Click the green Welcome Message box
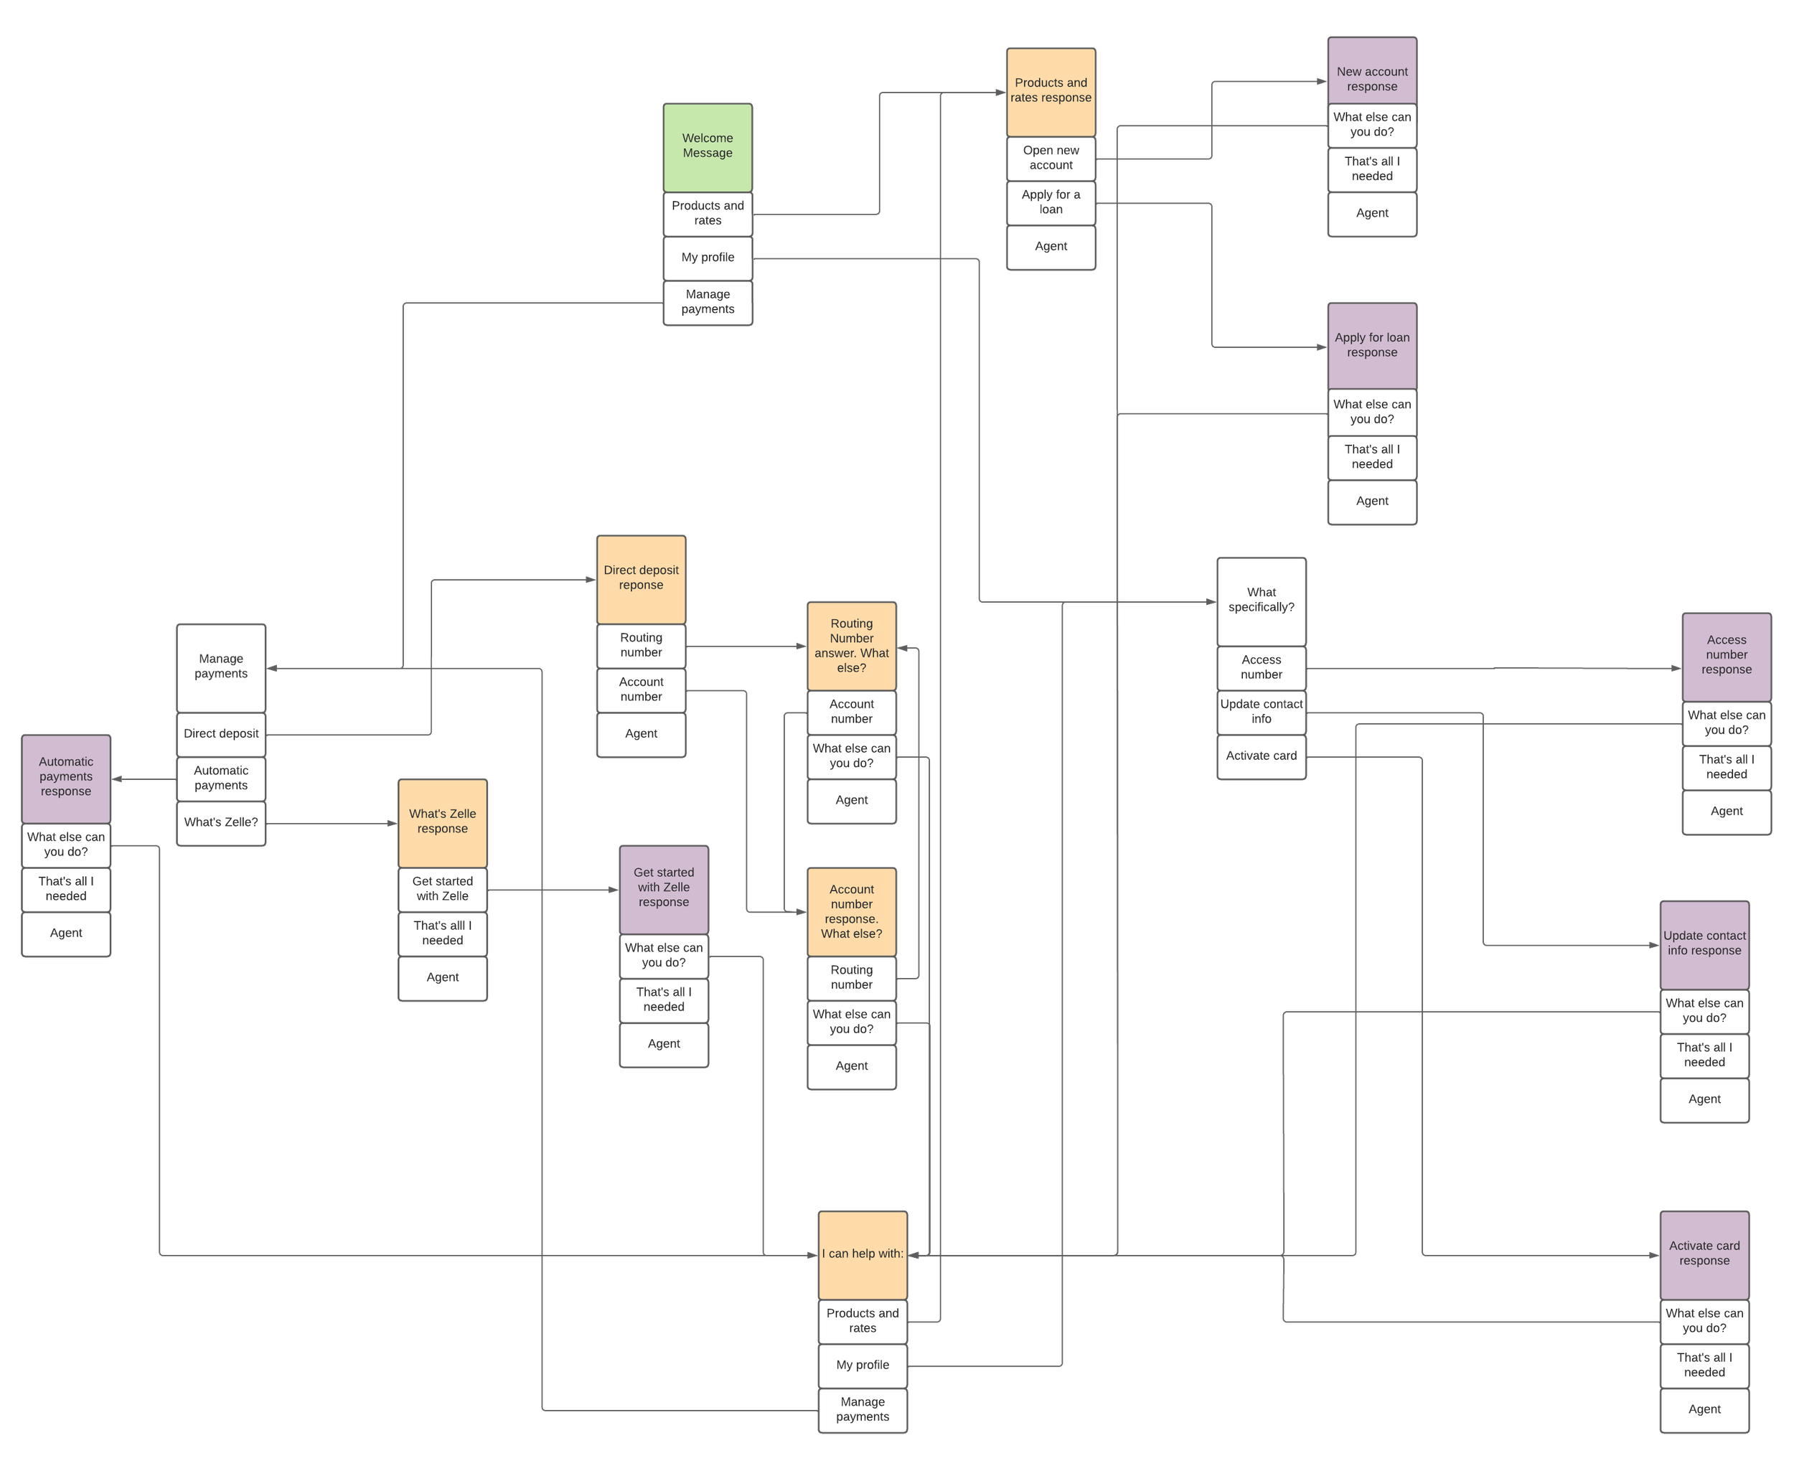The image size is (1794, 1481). [x=707, y=146]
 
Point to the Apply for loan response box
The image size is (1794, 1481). [x=1372, y=344]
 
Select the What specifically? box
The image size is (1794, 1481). [x=1261, y=601]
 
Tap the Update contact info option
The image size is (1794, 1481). [x=1261, y=712]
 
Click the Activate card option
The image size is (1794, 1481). [x=1261, y=756]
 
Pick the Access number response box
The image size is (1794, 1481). [x=1726, y=655]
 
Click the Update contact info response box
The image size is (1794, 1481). [x=1704, y=944]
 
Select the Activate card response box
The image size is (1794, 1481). [x=1704, y=1254]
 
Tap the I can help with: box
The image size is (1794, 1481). [x=863, y=1254]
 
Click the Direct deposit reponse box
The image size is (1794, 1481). [x=641, y=578]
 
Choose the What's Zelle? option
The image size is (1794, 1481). [x=221, y=822]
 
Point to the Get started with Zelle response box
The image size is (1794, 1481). [x=664, y=888]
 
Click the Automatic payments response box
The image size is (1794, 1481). [x=66, y=777]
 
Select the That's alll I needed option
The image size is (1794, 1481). [x=442, y=934]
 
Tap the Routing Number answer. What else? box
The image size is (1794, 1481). [x=851, y=646]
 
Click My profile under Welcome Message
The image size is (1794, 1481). [x=707, y=258]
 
